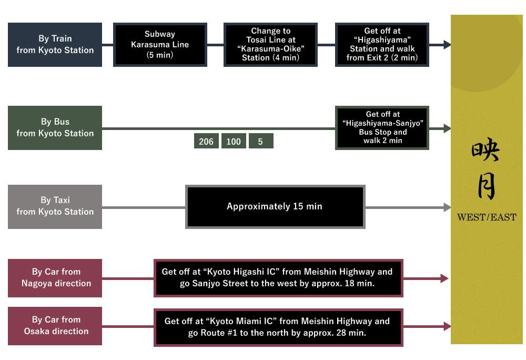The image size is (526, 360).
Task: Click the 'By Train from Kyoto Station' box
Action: coord(55,45)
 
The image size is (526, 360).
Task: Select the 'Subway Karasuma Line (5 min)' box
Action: coord(159,45)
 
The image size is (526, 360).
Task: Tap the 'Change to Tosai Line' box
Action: coord(270,45)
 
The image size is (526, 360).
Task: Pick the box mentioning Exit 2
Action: coord(382,45)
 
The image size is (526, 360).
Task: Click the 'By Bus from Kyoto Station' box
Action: coord(55,128)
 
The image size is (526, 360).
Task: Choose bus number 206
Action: coord(206,142)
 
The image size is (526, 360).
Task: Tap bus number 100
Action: coord(234,142)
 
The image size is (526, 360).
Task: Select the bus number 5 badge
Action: coord(260,142)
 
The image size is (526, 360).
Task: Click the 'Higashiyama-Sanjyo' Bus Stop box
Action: coord(382,128)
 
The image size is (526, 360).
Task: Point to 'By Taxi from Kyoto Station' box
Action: coord(55,206)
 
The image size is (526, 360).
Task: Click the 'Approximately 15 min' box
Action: coord(275,206)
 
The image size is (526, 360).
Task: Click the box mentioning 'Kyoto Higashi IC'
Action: coord(278,278)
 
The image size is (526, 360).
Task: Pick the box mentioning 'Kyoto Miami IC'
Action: coord(278,327)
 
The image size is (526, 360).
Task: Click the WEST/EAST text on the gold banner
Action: coord(487,217)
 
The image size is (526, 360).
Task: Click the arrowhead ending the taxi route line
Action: coord(448,207)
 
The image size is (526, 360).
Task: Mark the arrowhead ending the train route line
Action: coord(447,45)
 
